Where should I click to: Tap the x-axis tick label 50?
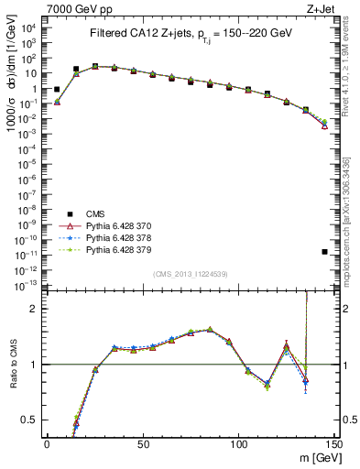click(x=142, y=443)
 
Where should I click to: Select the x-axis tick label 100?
click(x=238, y=443)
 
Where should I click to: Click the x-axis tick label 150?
click(x=334, y=443)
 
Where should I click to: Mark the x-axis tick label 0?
click(x=47, y=443)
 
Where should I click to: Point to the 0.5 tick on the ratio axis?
click(x=29, y=420)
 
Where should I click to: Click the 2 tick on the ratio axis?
click(x=33, y=309)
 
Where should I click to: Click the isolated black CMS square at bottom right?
click(x=325, y=251)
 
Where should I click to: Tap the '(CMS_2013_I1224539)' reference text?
click(x=190, y=272)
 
